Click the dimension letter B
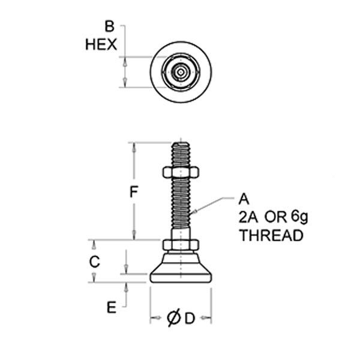point(109,26)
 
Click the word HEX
point(101,45)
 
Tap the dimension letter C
point(94,262)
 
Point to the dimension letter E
point(110,308)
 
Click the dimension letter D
point(190,319)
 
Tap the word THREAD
point(271,236)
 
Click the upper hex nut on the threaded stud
point(181,173)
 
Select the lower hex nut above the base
point(181,245)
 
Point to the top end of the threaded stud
point(181,145)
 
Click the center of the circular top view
point(181,72)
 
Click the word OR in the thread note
point(274,217)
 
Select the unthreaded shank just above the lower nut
point(181,233)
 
